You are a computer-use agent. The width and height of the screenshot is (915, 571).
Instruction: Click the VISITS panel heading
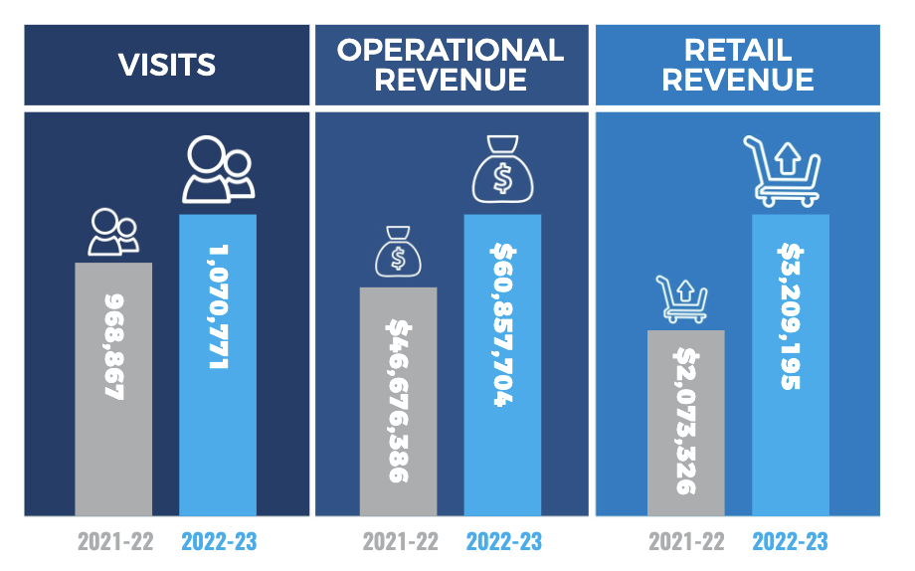[166, 65]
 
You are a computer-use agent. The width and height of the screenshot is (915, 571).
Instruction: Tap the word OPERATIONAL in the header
[451, 50]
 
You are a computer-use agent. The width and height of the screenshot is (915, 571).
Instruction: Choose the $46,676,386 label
[398, 401]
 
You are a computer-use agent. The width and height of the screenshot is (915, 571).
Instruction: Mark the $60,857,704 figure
[502, 324]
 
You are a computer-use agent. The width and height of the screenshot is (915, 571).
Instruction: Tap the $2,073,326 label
[685, 420]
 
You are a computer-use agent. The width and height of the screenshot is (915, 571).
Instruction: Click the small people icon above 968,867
[111, 233]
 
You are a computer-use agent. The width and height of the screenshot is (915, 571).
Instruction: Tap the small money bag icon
[398, 253]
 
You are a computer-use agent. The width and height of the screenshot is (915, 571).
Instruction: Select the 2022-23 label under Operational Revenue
[503, 542]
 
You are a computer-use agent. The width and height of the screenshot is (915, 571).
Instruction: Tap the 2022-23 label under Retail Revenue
[790, 542]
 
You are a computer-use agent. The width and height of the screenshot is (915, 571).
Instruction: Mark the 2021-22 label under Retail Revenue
[685, 542]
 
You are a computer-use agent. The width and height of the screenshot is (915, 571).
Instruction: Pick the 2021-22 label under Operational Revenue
[399, 542]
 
